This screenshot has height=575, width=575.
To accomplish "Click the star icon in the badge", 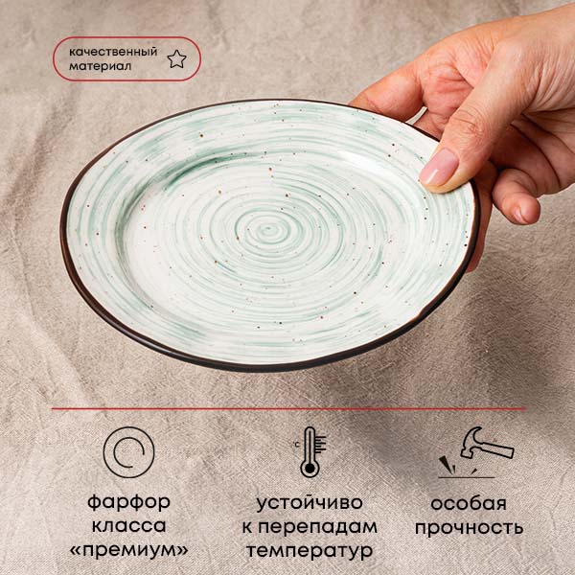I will click(x=176, y=59).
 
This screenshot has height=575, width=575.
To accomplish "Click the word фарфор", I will click(x=128, y=501).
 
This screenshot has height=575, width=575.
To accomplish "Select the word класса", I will click(x=128, y=525).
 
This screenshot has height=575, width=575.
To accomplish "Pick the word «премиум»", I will click(x=128, y=550).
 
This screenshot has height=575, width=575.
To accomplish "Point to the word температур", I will click(x=310, y=551).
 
